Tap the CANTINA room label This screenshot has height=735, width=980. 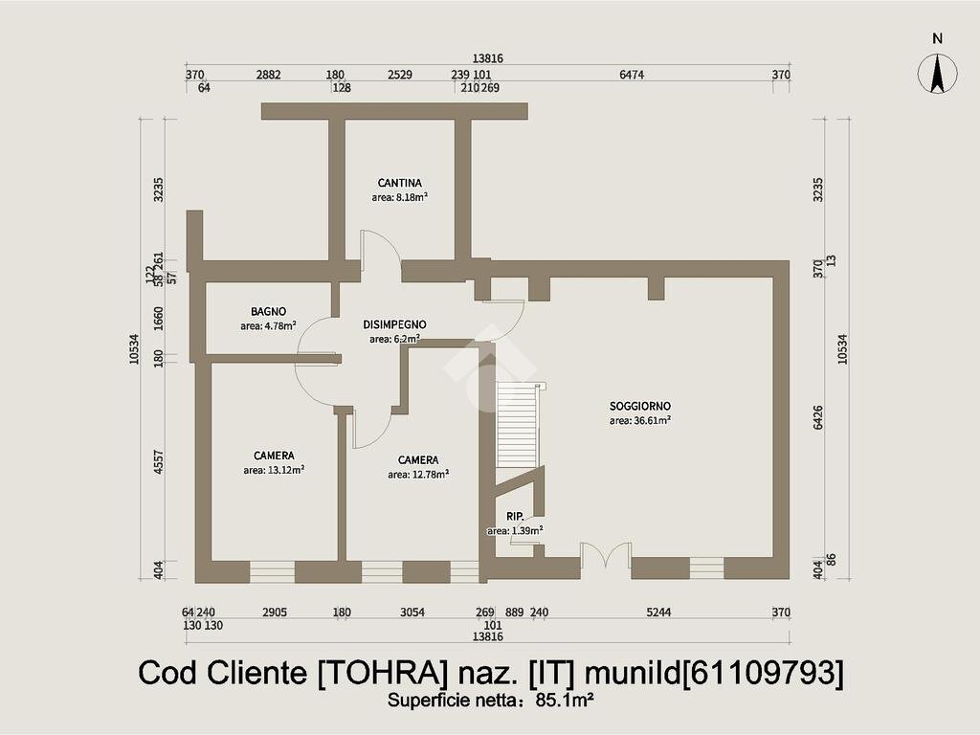point(399,183)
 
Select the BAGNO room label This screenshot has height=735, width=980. point(269,311)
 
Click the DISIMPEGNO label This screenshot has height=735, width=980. point(394,324)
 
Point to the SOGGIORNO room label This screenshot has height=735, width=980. point(639,406)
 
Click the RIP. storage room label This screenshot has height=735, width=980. point(515,517)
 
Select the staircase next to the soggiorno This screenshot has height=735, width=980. point(518,425)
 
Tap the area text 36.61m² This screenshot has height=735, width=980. point(639,420)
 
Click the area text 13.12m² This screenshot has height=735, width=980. point(274,470)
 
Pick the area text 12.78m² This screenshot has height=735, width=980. point(418,474)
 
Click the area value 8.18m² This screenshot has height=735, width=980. point(399,197)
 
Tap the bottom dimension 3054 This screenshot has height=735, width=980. point(412,612)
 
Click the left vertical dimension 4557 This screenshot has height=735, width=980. point(160,464)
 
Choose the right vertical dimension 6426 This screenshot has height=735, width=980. point(818,419)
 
